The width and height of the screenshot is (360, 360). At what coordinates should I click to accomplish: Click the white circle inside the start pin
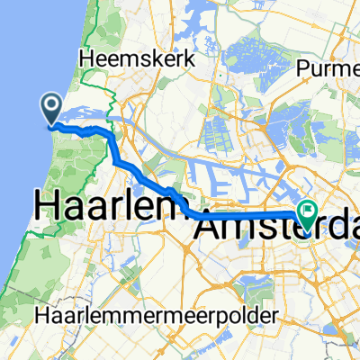(51, 106)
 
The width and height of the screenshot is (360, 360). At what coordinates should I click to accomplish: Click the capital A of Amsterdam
(208, 229)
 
